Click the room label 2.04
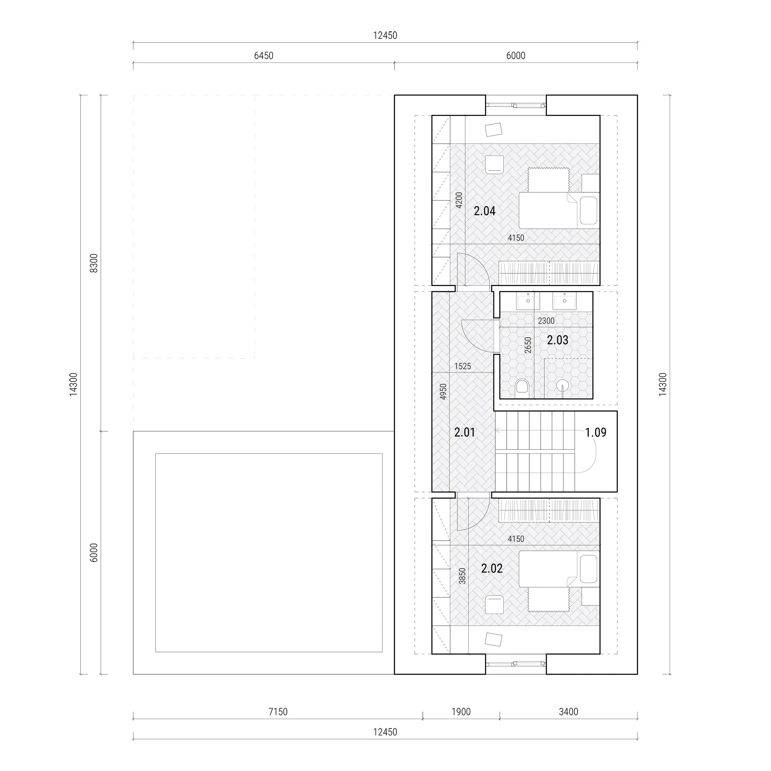[x=485, y=211]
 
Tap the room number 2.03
[x=558, y=340]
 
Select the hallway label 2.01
[x=465, y=432]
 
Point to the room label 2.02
[x=492, y=568]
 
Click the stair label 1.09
[x=596, y=432]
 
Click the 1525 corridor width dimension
[x=463, y=366]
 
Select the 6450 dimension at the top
[x=264, y=56]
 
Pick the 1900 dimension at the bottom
[x=461, y=712]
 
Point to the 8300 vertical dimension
[x=93, y=263]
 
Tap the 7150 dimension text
[x=278, y=712]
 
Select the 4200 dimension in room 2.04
[x=459, y=200]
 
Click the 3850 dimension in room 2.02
[x=462, y=576]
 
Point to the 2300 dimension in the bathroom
[x=546, y=321]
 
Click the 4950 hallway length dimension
[x=443, y=392]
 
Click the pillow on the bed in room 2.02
[x=589, y=569]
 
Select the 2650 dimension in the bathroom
[x=528, y=345]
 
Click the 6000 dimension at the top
[x=516, y=56]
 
